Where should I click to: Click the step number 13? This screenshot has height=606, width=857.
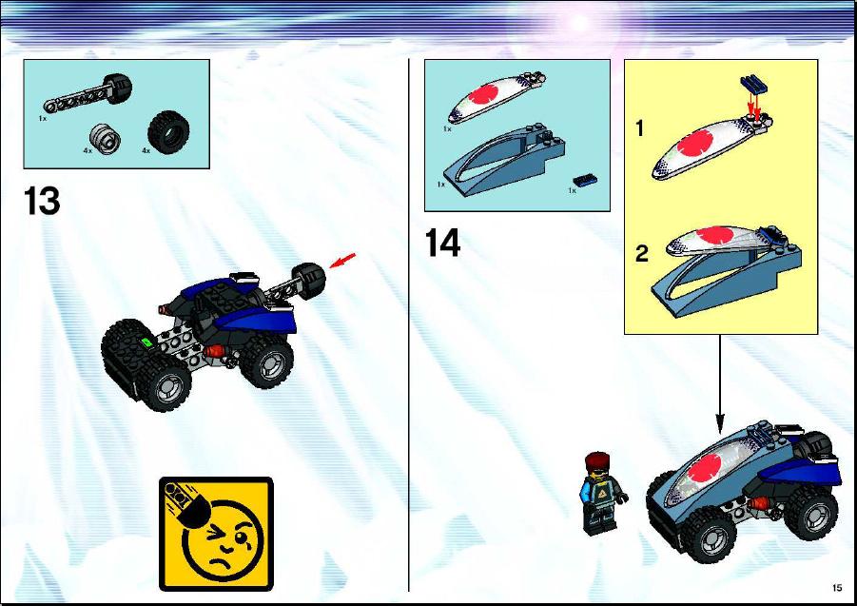[42, 202]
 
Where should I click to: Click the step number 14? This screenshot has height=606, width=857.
[442, 243]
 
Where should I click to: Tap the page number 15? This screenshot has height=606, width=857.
[837, 588]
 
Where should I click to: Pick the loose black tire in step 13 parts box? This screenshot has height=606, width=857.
[169, 129]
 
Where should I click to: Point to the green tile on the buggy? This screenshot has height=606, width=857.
[146, 342]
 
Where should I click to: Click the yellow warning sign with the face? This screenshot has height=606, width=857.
[217, 534]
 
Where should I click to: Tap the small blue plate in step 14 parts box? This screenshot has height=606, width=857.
[585, 181]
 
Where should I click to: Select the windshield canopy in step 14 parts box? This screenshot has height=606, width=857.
[497, 97]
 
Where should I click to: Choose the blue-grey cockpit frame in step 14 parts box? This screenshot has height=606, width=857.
[503, 160]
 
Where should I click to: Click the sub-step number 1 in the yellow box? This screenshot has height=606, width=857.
[639, 129]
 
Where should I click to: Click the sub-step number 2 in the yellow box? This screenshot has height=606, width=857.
[642, 254]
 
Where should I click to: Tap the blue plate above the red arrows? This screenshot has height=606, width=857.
[753, 84]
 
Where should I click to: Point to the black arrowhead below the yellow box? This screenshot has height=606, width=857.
[720, 424]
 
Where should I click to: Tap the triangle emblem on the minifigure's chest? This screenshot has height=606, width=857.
[602, 495]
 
